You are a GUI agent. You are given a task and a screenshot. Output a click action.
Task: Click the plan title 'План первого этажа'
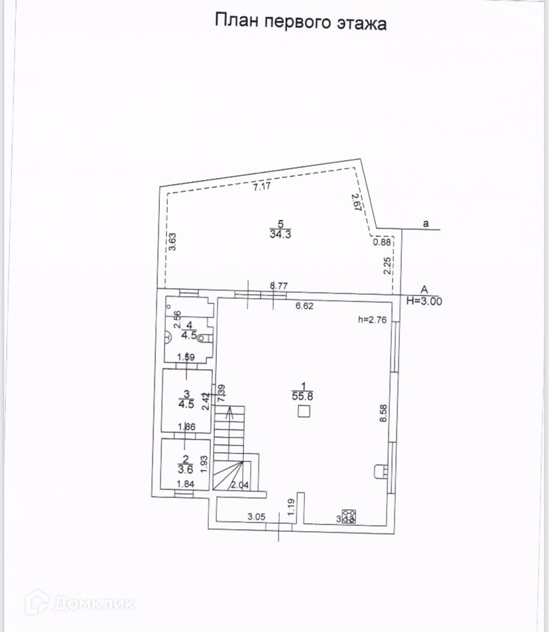[x=300, y=21]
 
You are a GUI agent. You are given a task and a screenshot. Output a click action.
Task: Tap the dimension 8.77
[x=279, y=286]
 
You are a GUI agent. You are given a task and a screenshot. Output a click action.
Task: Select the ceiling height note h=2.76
[x=372, y=319]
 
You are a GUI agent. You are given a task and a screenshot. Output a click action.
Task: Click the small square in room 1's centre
[x=303, y=412]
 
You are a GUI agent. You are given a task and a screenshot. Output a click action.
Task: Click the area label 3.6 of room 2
[x=186, y=467]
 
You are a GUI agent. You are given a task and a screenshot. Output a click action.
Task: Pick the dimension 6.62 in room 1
[x=304, y=307]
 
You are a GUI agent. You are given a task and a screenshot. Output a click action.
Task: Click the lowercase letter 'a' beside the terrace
[x=427, y=224]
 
